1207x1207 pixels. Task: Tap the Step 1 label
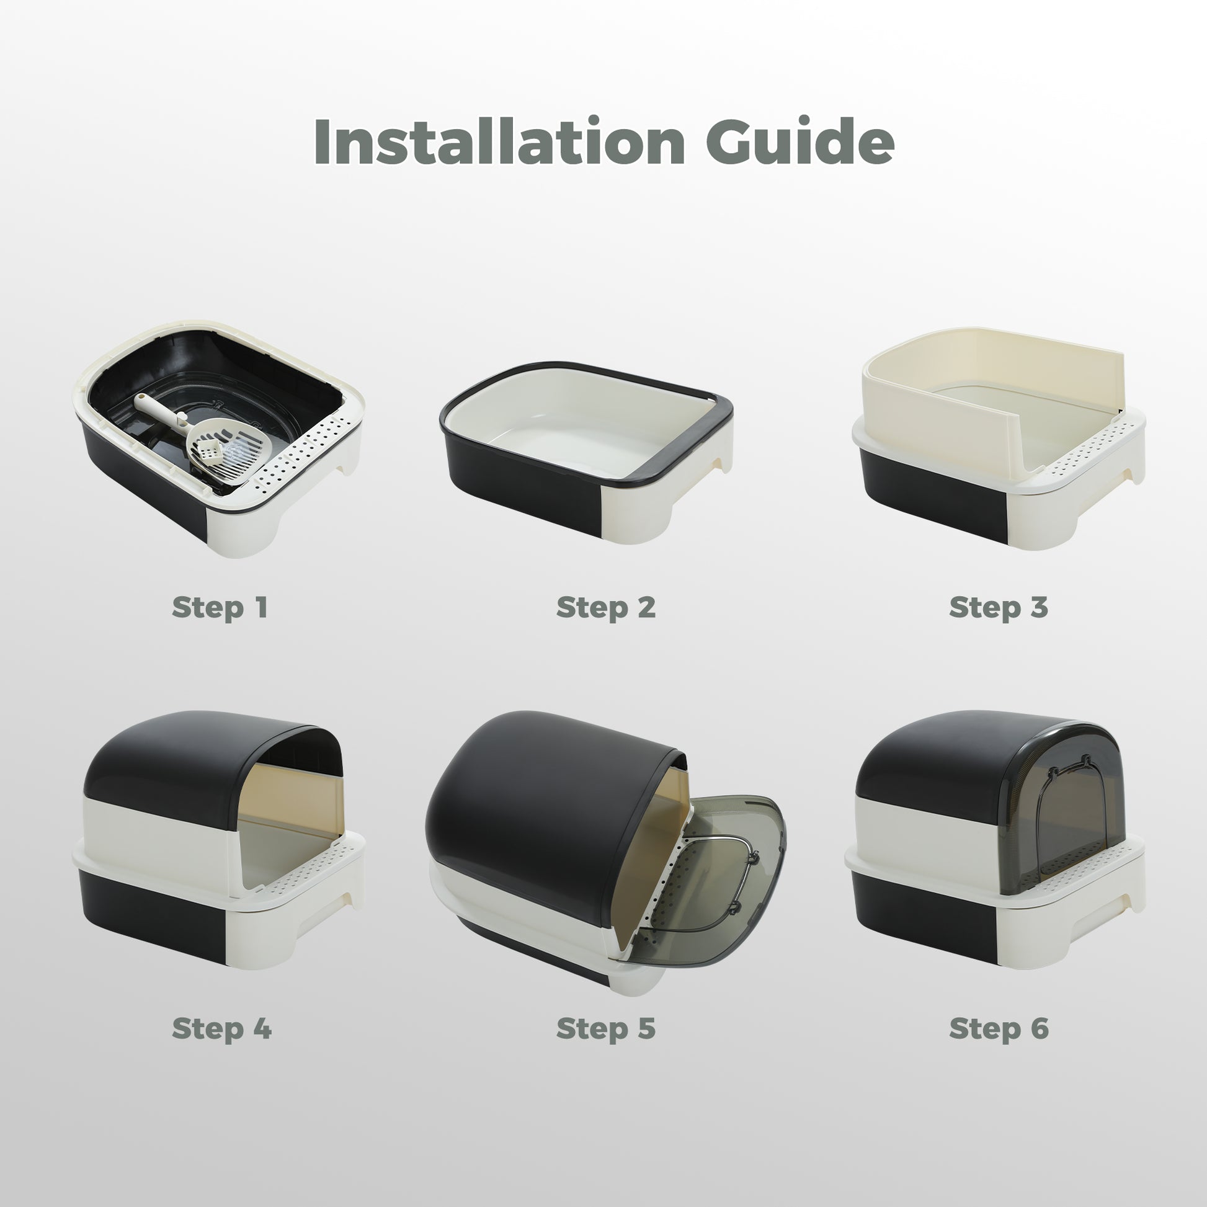[x=220, y=608]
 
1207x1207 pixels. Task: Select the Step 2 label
[x=605, y=608]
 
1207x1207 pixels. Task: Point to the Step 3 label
[x=999, y=608]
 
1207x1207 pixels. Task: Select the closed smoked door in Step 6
[x=1062, y=812]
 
